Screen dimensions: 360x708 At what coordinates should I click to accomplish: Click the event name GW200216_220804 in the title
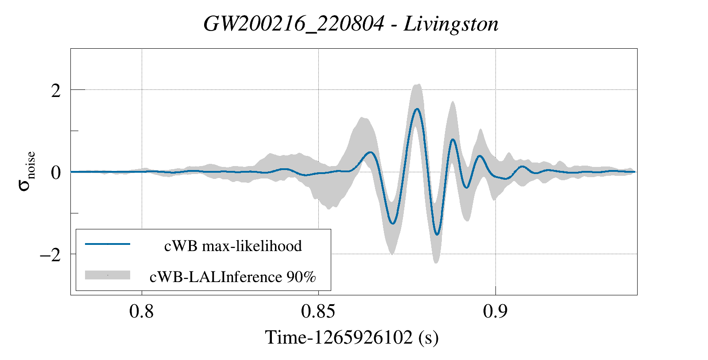coord(294,24)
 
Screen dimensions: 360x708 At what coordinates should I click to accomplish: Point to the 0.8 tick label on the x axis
coord(142,312)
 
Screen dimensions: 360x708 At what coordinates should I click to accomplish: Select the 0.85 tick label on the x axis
coord(318,312)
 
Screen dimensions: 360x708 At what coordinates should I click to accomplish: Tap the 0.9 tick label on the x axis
coord(495,312)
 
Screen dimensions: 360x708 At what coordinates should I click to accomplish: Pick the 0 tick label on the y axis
coord(56,172)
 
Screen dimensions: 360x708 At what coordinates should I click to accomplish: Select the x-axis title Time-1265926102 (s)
coord(352,337)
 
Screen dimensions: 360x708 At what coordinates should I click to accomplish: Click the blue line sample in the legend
coord(108,244)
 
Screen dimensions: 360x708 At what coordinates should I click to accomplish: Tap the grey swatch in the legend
coord(108,275)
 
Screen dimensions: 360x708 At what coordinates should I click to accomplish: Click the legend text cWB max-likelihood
coord(233,246)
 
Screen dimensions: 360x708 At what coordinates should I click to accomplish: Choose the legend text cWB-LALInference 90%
coord(233,277)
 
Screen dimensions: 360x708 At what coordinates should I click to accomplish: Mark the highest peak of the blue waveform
coord(417,108)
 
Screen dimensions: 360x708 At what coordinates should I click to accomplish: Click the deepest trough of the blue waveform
coord(437,234)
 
